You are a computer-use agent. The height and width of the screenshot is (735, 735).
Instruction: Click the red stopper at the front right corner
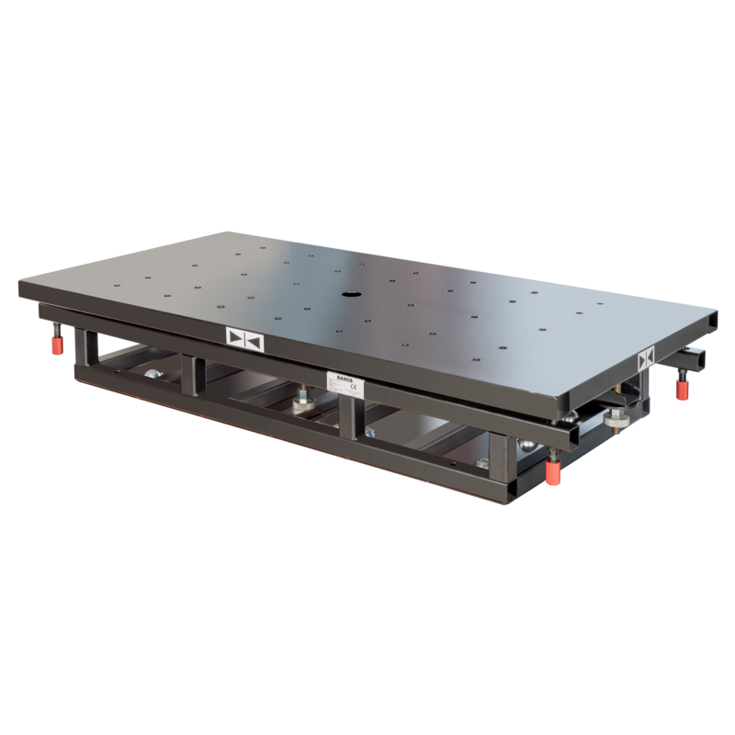(553, 472)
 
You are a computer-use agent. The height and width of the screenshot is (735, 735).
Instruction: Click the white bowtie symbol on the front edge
(243, 339)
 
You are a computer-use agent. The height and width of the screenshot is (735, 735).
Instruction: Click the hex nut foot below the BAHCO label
(304, 404)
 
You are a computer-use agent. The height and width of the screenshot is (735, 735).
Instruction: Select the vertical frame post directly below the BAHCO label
(348, 423)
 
